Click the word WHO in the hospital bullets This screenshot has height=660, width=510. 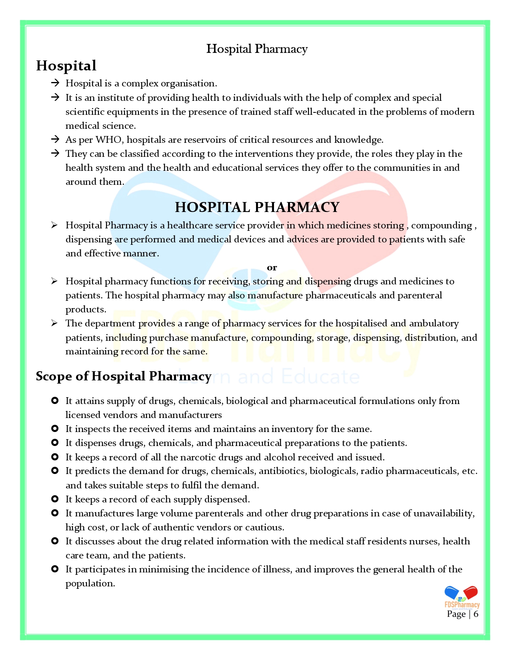[x=108, y=140]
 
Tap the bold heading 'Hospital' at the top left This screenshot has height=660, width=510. [x=66, y=66]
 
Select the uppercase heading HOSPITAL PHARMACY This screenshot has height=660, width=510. [x=257, y=207]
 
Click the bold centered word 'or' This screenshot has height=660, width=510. [x=272, y=267]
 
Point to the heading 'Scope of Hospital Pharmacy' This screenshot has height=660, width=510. [x=124, y=376]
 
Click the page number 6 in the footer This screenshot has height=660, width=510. [x=476, y=614]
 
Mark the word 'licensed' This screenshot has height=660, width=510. [x=83, y=415]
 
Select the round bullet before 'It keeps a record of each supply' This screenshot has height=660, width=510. [x=55, y=499]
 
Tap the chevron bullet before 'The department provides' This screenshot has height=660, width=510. [x=54, y=323]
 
